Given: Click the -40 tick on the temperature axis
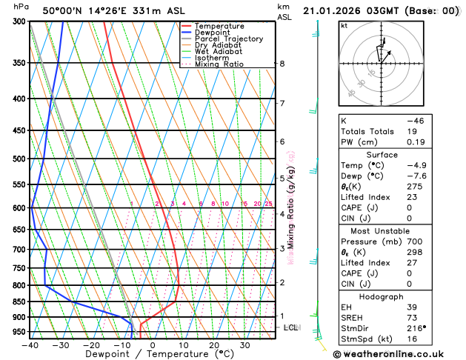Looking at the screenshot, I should pyautogui.click(x=30, y=345).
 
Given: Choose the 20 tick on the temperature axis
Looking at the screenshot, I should pyautogui.click(x=213, y=345).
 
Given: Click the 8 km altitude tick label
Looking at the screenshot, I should pyautogui.click(x=282, y=64).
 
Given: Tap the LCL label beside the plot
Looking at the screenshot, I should pyautogui.click(x=291, y=327).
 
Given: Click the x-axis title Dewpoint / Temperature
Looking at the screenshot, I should pyautogui.click(x=152, y=354).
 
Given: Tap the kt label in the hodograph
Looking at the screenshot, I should pyautogui.click(x=344, y=25).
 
